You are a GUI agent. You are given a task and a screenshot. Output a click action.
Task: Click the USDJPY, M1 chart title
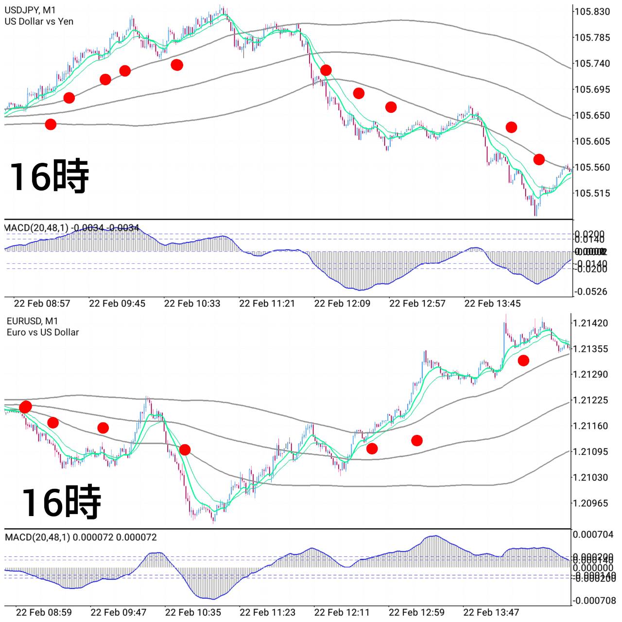coord(30,10)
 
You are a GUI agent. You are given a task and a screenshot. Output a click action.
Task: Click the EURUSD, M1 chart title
coord(32,321)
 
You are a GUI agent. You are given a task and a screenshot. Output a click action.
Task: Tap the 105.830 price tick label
coord(592,12)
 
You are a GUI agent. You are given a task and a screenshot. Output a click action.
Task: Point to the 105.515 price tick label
coord(592,193)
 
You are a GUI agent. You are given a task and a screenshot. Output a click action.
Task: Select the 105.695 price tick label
coord(592,89)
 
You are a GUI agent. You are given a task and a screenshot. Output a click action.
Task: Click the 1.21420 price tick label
coord(590,323)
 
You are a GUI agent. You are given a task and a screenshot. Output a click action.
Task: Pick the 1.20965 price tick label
coord(590,503)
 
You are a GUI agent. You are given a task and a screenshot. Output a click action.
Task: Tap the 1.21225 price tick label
coord(590,400)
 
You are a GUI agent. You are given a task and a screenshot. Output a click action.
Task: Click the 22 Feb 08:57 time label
coord(42,304)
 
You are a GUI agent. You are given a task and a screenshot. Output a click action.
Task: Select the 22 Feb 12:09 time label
coord(342,304)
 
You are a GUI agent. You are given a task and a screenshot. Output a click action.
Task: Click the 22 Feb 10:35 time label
coord(193,612)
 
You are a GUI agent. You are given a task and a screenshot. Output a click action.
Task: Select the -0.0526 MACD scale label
coord(591,292)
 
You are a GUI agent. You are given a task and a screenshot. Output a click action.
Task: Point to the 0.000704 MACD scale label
coord(593,535)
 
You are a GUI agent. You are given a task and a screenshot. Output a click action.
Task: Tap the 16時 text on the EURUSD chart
coord(61,501)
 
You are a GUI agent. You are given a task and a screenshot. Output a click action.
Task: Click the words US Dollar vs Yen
coord(39,21)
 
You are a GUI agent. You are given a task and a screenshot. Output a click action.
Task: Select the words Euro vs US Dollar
coord(43,332)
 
